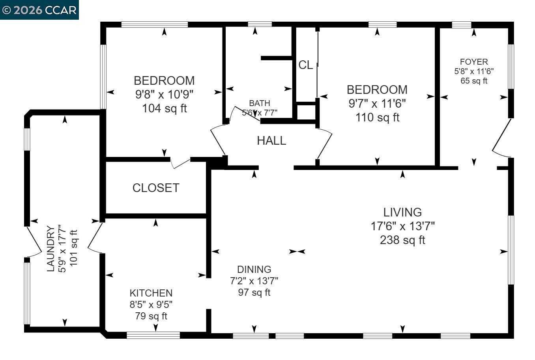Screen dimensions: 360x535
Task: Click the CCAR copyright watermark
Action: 39,9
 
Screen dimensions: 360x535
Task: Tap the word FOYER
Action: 474,62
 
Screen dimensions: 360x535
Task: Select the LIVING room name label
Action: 402,212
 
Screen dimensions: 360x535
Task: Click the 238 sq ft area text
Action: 402,240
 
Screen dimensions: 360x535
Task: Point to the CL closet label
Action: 305,65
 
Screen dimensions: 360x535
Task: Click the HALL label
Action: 271,141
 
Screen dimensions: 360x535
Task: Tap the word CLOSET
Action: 156,188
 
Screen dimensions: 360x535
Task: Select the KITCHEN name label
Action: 151,293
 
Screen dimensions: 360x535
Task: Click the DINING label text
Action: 254,269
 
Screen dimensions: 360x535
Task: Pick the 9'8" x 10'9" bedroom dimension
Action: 164,94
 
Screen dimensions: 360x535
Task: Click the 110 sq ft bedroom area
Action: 377,117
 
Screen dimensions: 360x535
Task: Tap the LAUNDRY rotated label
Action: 51,248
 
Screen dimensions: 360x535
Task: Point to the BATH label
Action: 259,103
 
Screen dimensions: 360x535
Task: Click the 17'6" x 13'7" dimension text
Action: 402,226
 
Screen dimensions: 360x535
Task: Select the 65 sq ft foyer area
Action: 474,81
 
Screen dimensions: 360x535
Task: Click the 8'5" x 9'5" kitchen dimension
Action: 151,304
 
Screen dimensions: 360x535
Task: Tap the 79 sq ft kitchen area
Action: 151,316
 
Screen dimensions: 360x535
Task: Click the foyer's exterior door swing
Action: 500,140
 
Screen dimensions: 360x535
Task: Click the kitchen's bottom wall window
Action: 153,336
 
